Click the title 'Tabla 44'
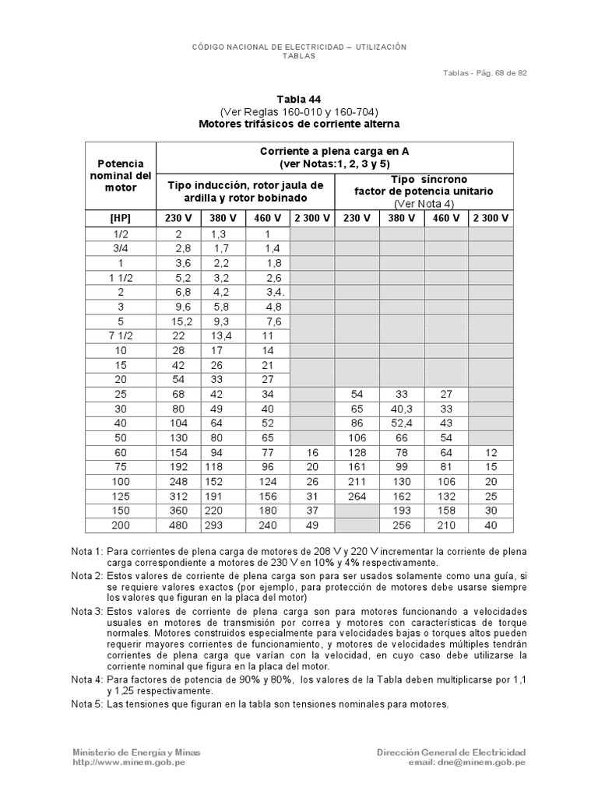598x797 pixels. (298, 99)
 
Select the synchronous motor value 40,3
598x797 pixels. (402, 409)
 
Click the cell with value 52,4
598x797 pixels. (402, 423)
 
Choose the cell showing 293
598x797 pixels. (223, 525)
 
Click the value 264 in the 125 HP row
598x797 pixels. (357, 497)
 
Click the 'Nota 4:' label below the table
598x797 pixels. (87, 679)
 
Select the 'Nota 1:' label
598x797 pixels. (87, 550)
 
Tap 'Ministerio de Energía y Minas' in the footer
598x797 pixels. (136, 752)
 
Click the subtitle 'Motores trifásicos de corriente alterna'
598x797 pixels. (298, 124)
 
